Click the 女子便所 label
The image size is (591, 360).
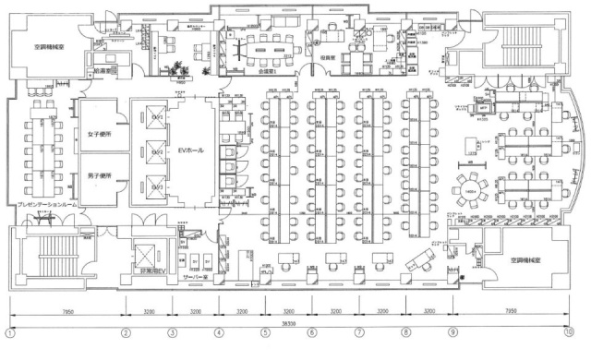point(99,135)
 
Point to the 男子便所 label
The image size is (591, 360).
point(99,175)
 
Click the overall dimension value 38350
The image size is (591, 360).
point(289,324)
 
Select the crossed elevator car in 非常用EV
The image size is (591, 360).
point(147,251)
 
